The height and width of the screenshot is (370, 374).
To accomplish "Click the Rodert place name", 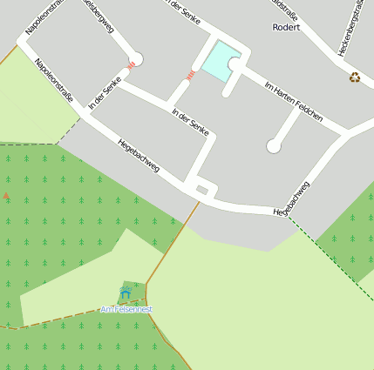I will (x=286, y=27).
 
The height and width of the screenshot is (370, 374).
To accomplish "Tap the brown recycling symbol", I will (x=355, y=77).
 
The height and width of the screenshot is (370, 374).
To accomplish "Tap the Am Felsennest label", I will (x=126, y=309).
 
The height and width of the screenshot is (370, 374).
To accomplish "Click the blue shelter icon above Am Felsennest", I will (x=126, y=294).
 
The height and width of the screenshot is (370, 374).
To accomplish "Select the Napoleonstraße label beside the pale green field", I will (x=54, y=80).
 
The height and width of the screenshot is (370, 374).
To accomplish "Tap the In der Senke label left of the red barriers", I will (x=105, y=93).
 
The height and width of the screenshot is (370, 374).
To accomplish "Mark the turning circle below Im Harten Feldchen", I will (x=274, y=146).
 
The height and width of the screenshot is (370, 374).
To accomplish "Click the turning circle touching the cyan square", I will (x=235, y=64).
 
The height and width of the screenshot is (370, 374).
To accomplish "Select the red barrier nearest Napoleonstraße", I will (x=130, y=65).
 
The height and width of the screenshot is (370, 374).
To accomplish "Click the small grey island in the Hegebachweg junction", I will (x=202, y=189).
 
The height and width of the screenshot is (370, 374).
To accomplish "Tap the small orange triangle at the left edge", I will (x=7, y=196).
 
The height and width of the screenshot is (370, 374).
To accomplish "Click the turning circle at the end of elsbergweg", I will (x=136, y=58).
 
